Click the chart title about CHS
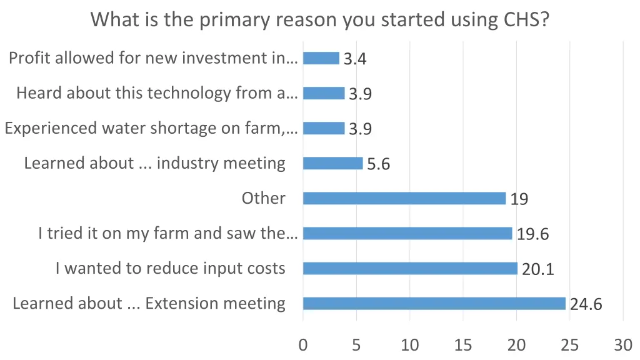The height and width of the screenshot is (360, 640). (320, 20)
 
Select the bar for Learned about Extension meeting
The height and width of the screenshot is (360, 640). (434, 304)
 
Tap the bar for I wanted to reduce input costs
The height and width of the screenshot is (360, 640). (410, 269)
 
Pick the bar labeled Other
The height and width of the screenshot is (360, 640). (404, 199)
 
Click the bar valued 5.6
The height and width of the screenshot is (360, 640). (332, 164)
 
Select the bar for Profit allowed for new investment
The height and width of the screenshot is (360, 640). (321, 59)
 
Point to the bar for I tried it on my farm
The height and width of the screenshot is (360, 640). (407, 234)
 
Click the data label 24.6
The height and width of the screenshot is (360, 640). (586, 305)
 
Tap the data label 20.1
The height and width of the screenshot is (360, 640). (537, 270)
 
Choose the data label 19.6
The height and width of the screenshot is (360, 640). (532, 235)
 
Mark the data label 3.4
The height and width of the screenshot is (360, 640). (355, 60)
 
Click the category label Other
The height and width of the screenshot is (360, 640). (263, 199)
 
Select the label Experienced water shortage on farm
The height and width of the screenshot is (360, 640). (151, 129)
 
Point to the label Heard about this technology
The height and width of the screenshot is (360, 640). (157, 94)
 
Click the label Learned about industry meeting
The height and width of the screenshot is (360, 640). (154, 164)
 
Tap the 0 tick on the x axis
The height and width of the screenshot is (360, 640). (303, 345)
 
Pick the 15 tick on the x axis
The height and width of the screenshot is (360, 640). (463, 345)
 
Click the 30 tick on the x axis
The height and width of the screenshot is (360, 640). (623, 345)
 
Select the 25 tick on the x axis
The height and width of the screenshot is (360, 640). (570, 345)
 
